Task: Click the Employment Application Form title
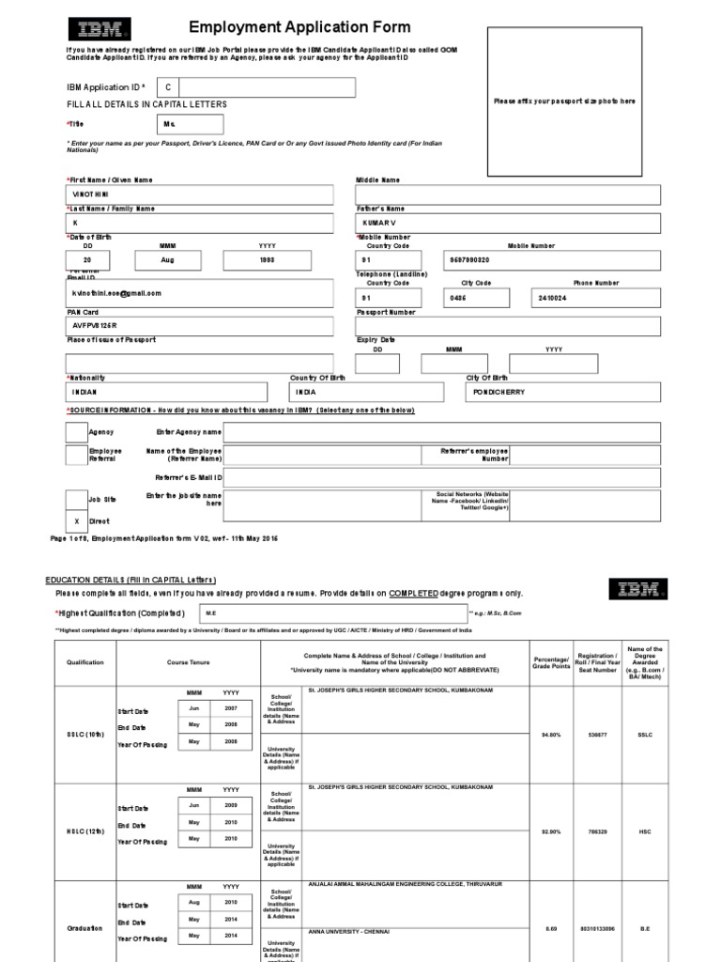[x=286, y=28]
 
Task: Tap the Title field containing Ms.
[x=192, y=124]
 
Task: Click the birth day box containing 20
[x=87, y=260]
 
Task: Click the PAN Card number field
[x=199, y=326]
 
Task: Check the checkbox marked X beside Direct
[x=77, y=520]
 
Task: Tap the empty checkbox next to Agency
[x=77, y=432]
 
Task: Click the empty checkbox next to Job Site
[x=77, y=500]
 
